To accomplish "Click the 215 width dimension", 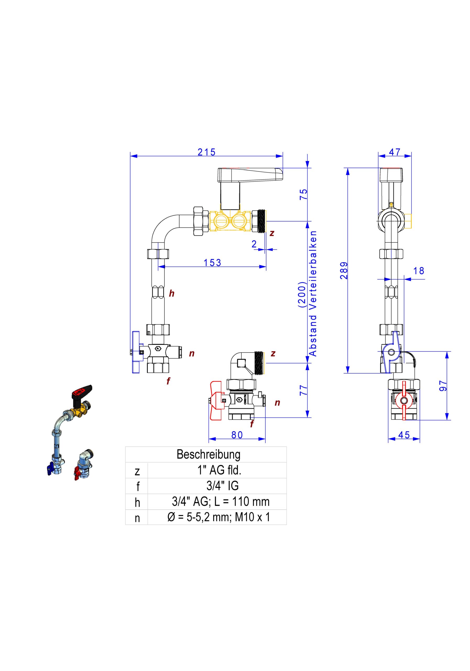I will click(x=206, y=152).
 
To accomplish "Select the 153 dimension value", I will click(x=212, y=263).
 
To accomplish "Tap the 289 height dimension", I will click(x=344, y=270).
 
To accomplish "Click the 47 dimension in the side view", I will click(x=394, y=152).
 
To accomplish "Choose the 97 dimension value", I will click(x=443, y=386).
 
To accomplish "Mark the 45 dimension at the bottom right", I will click(x=404, y=435).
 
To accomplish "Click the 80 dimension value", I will click(x=237, y=435).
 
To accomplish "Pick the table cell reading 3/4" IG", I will click(x=222, y=486).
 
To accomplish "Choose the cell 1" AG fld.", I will click(x=219, y=470).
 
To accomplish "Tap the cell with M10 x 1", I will click(x=218, y=517).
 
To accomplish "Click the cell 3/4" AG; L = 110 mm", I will click(x=221, y=501).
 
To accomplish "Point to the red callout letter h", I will click(x=171, y=293).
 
